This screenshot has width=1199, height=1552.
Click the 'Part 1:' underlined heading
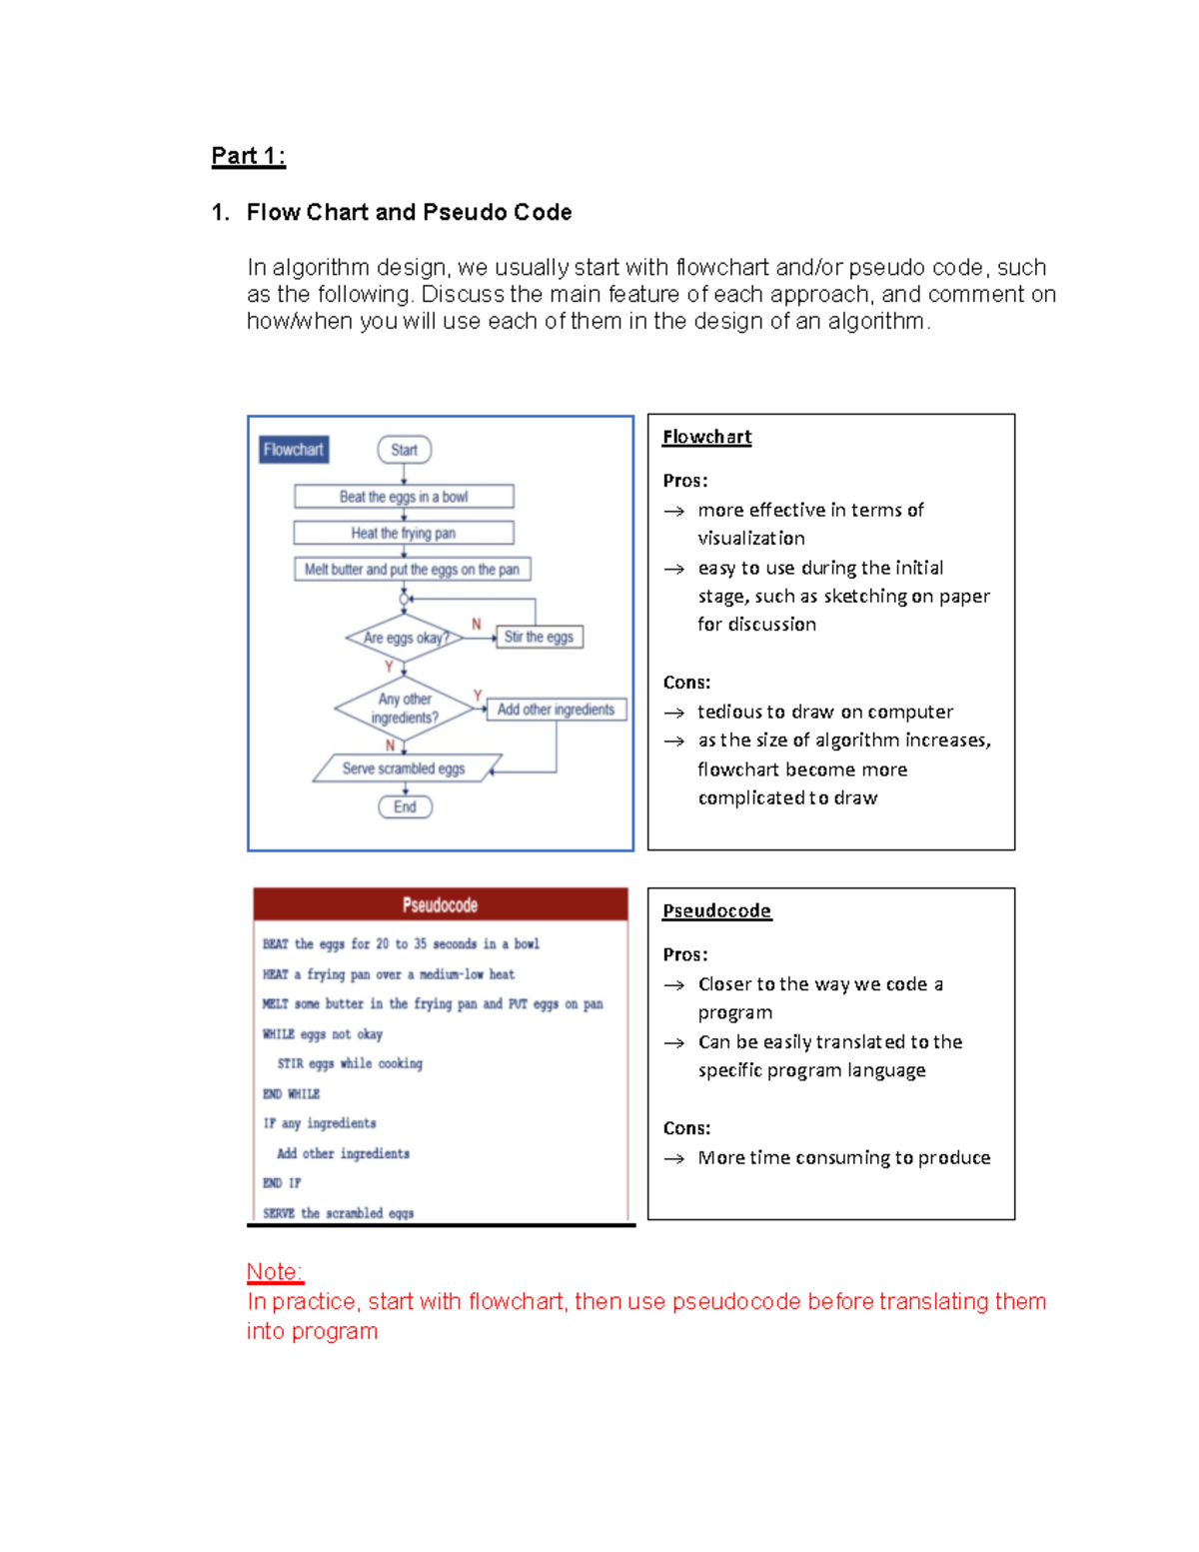[x=248, y=156]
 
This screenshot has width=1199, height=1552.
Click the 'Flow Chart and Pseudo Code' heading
[x=409, y=212]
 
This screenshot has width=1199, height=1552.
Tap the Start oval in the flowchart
[x=404, y=450]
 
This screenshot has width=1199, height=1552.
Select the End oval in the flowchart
[x=405, y=806]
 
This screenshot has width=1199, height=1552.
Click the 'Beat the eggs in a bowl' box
[x=404, y=497]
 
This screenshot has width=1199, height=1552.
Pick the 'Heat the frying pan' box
[x=404, y=533]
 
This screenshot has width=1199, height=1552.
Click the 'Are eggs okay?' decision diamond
[x=405, y=638]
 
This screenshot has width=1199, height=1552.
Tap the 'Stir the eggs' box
[x=539, y=637]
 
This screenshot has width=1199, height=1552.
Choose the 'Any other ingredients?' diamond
[x=405, y=709]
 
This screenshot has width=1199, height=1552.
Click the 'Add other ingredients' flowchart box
[x=557, y=710]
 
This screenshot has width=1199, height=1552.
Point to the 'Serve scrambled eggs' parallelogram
[x=405, y=769]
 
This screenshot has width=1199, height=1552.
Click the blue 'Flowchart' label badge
[x=293, y=450]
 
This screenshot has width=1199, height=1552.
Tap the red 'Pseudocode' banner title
[x=440, y=904]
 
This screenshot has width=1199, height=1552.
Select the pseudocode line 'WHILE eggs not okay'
[x=323, y=1034]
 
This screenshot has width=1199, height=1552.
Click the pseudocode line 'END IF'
[x=282, y=1183]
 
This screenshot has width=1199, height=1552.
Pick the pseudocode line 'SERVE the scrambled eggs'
[x=338, y=1213]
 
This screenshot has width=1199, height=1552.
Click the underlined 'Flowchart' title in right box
[x=706, y=437]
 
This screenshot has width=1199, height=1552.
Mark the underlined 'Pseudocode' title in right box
[x=716, y=910]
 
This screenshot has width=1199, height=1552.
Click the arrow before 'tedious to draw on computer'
[x=674, y=713]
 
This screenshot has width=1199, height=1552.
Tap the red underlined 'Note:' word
[x=275, y=1271]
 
